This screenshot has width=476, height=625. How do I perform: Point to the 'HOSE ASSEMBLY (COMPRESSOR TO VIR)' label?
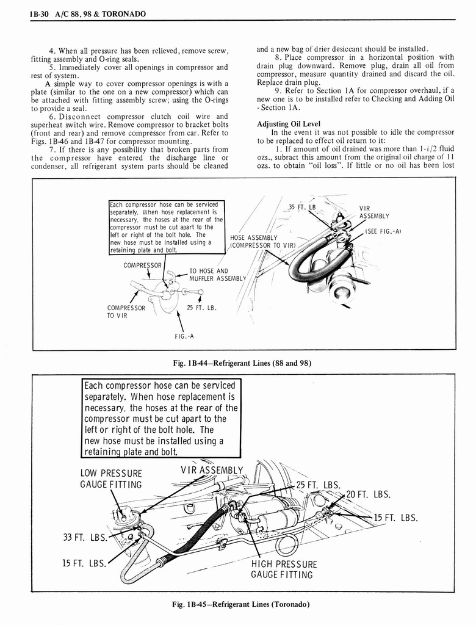[x=262, y=241]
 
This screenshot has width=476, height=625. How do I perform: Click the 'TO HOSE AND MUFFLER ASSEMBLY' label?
[x=217, y=275]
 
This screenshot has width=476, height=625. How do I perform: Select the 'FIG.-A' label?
[x=183, y=336]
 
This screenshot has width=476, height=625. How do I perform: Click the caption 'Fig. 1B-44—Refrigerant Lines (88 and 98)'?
[x=243, y=363]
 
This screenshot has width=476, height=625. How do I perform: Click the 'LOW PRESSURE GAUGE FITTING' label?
[x=111, y=479]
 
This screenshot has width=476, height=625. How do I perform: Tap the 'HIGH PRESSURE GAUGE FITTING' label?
[x=284, y=569]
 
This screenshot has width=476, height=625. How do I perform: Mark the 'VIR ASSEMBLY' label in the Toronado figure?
[x=212, y=470]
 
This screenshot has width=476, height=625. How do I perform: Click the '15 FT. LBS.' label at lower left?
[x=84, y=563]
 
